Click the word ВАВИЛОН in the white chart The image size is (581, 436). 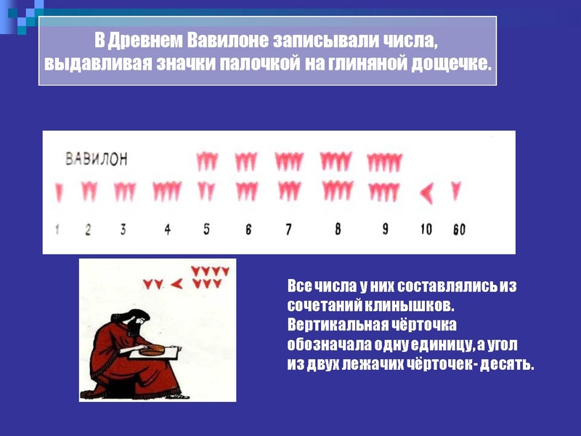(97, 158)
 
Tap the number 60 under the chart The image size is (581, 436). (459, 230)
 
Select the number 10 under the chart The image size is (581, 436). (426, 229)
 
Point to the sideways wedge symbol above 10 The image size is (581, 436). (426, 193)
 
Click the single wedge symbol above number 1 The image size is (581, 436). (59, 193)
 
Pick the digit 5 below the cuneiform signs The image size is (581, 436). (206, 229)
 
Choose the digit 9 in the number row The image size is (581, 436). (386, 228)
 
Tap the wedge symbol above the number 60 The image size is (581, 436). (456, 190)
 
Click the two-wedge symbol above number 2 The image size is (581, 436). (89, 191)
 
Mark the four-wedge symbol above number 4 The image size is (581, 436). (167, 191)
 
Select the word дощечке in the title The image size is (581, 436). (451, 64)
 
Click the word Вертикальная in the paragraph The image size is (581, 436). (337, 325)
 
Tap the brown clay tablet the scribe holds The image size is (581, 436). (152, 350)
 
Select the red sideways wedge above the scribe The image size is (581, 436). (177, 284)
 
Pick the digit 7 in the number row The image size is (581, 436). (288, 229)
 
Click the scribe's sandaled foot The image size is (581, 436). (177, 396)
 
